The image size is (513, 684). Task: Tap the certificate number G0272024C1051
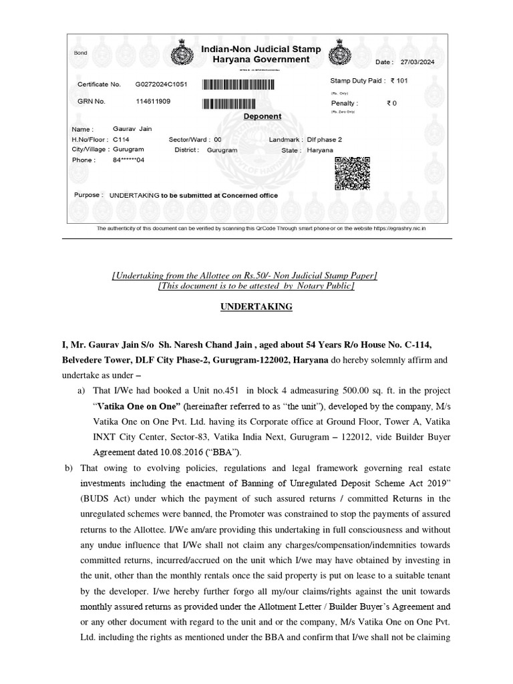click(x=162, y=85)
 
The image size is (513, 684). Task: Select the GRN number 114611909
click(x=153, y=102)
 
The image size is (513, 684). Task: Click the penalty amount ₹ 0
click(x=391, y=104)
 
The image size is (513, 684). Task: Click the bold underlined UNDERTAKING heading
click(x=257, y=307)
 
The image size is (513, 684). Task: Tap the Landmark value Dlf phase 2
click(x=324, y=140)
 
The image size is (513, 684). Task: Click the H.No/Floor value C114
click(x=121, y=140)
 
